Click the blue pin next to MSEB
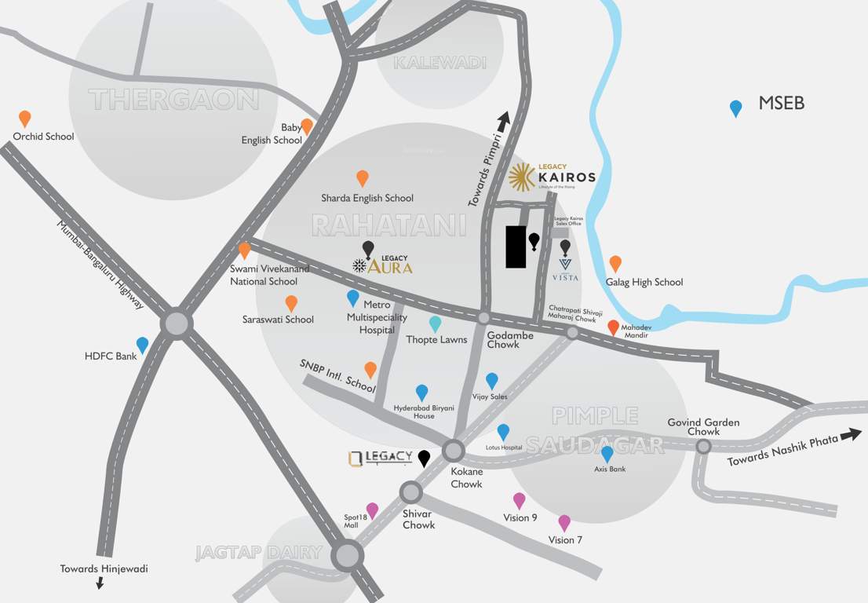[x=735, y=108]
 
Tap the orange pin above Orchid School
[x=25, y=118]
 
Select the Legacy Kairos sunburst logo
[x=522, y=177]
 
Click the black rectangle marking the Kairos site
[x=516, y=247]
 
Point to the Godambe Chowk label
[x=510, y=340]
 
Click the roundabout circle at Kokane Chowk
[x=454, y=451]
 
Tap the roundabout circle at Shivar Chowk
[x=411, y=492]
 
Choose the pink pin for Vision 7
[x=564, y=522]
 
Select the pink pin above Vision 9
[x=519, y=500]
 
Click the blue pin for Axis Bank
[x=607, y=454]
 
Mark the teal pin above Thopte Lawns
[x=435, y=323]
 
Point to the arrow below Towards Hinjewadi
[x=100, y=583]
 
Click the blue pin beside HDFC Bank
[x=142, y=345]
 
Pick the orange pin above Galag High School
[x=615, y=263]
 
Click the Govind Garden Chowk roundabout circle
[x=704, y=446]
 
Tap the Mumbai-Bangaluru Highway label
[x=100, y=264]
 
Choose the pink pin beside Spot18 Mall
[x=372, y=510]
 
